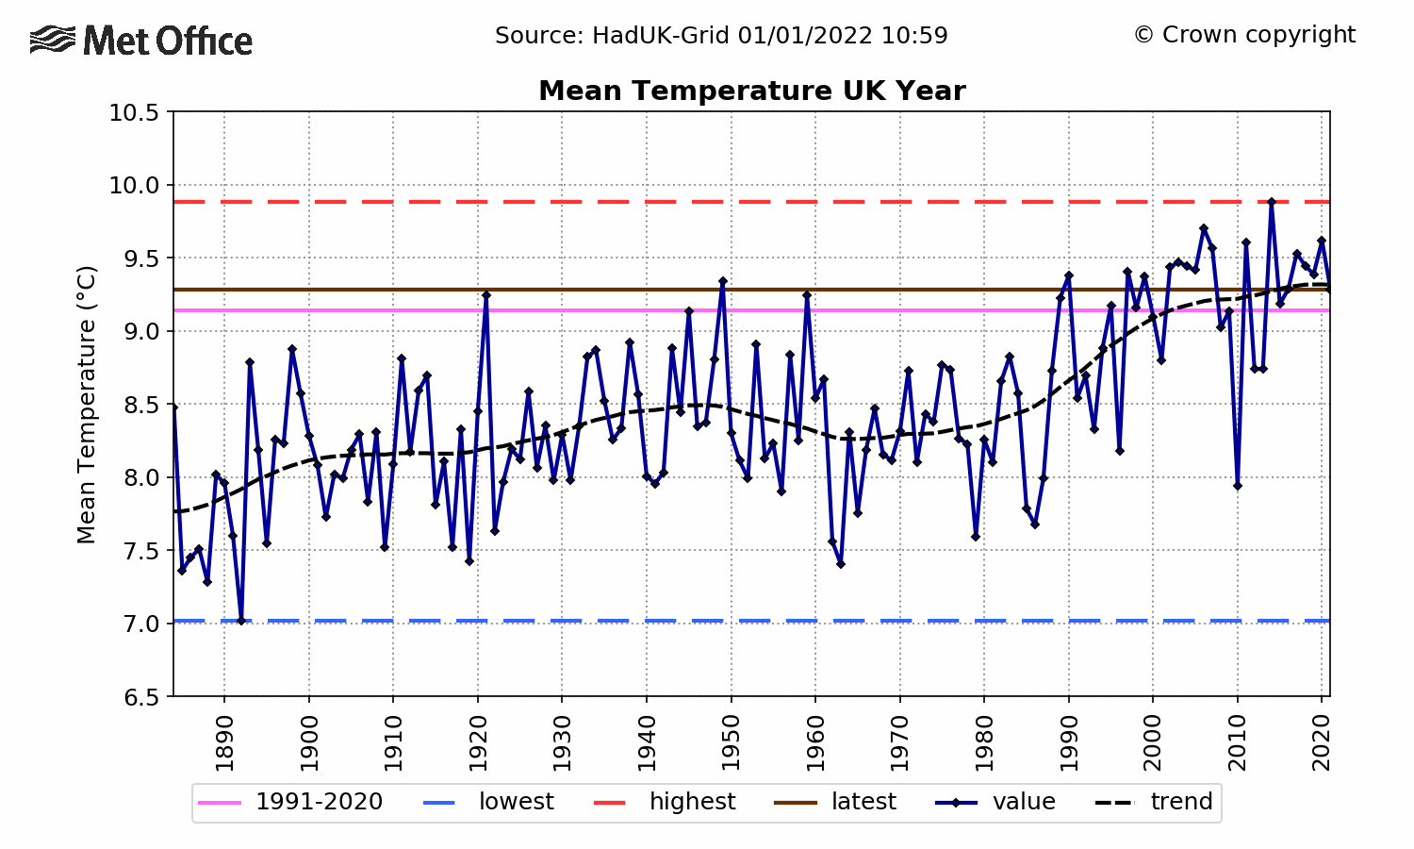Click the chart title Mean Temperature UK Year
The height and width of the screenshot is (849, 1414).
tap(751, 91)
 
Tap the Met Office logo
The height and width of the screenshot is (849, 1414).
tap(141, 41)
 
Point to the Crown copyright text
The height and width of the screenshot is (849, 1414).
tap(1244, 35)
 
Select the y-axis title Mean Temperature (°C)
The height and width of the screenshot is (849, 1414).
tap(87, 405)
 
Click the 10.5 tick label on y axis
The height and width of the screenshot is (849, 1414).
tap(134, 112)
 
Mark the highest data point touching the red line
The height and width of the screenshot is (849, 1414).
tap(1271, 202)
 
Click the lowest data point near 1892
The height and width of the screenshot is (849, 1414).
tap(241, 621)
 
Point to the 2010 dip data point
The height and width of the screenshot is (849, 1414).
tap(1237, 486)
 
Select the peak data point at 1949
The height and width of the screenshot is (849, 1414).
tap(723, 281)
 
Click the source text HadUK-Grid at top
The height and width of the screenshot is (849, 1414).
tap(721, 36)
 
